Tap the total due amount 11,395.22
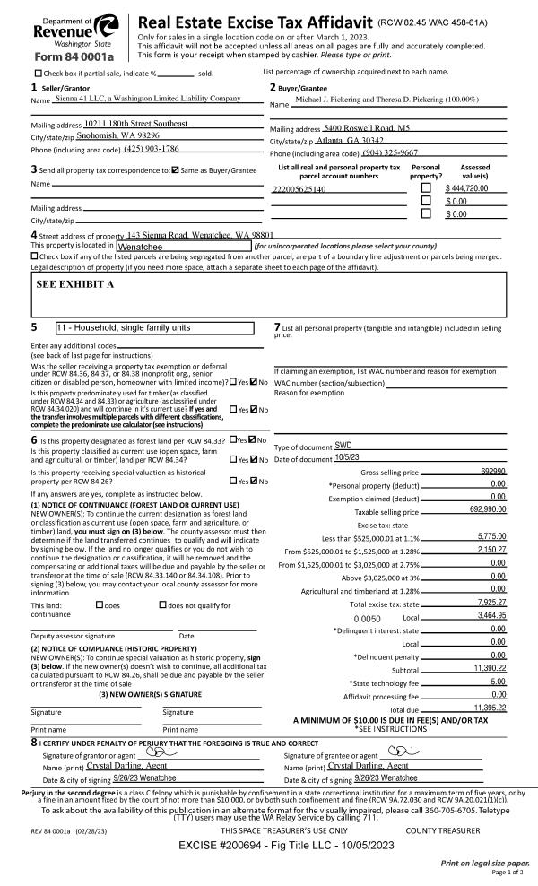coord(485,708)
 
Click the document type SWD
coord(343,446)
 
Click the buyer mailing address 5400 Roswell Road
coord(359,128)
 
